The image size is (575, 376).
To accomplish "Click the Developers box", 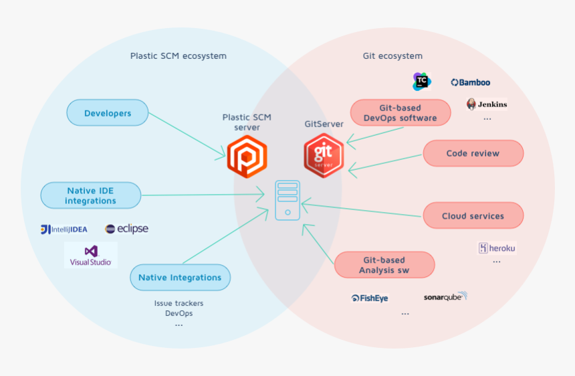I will tap(107, 113).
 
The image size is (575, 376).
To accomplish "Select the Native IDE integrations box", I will tap(91, 196).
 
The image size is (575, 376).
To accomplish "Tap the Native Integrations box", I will tap(180, 278).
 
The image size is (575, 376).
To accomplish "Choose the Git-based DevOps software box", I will tap(400, 113).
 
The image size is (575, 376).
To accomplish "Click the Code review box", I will tap(473, 153).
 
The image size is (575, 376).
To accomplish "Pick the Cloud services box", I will tap(473, 216).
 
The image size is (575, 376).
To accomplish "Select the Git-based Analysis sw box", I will tap(384, 265).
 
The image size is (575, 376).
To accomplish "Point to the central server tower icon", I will tap(287, 200).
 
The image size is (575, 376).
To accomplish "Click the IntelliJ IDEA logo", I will tap(64, 229).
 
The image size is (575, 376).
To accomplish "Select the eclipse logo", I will tap(126, 229).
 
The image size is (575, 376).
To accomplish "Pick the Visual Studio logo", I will tap(91, 256).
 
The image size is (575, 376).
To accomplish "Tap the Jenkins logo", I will tap(487, 104).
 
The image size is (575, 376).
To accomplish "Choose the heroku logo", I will tap(497, 248).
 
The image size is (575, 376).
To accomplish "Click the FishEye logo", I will tap(370, 298).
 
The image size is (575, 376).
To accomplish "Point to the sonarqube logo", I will tap(445, 296).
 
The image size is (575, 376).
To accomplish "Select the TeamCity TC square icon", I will tap(422, 82).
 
